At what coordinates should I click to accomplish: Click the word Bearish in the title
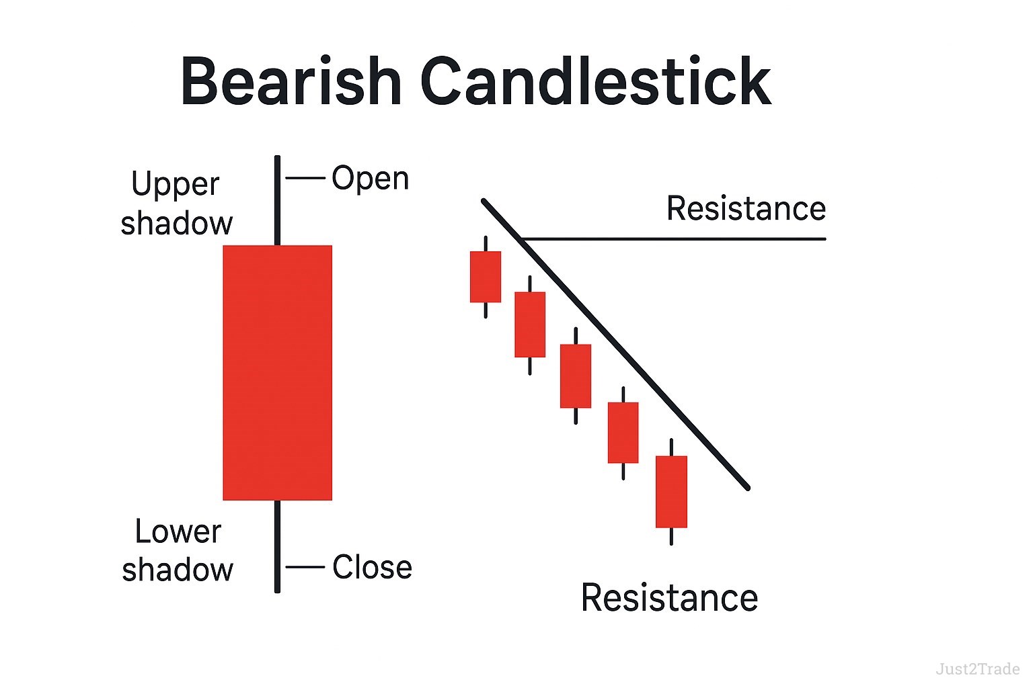point(291,81)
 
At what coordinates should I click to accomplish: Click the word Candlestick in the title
point(596,81)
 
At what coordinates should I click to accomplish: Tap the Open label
point(371,178)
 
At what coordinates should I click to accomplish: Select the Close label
point(372,566)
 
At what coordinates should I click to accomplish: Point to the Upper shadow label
point(177,203)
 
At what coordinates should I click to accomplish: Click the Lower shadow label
point(178,550)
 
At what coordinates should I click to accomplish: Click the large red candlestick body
point(278,372)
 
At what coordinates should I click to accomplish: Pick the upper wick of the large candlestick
point(277,200)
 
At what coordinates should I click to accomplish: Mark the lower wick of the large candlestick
point(277,546)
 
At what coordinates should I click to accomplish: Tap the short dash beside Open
point(305,178)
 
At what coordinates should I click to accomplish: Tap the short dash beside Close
point(305,567)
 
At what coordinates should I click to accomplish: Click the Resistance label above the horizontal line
point(746,208)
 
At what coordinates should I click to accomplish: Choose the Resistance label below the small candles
point(670,598)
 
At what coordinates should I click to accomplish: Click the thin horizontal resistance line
point(673,239)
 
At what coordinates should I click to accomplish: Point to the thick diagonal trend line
point(615,344)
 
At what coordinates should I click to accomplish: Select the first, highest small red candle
point(486,277)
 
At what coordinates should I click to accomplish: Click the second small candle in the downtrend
point(530,325)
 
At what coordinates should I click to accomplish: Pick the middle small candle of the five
point(576,376)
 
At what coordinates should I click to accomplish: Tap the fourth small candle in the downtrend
point(623,433)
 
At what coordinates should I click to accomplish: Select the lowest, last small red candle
point(671,492)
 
